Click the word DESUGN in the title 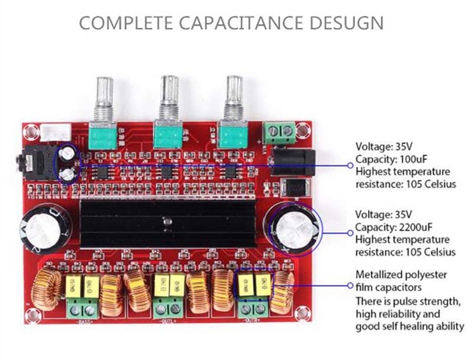point(346,23)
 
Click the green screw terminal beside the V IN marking point(279,131)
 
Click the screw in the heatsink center point(166,222)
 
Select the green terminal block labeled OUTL point(169,309)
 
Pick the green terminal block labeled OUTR point(253,309)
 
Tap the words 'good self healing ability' point(409,326)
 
